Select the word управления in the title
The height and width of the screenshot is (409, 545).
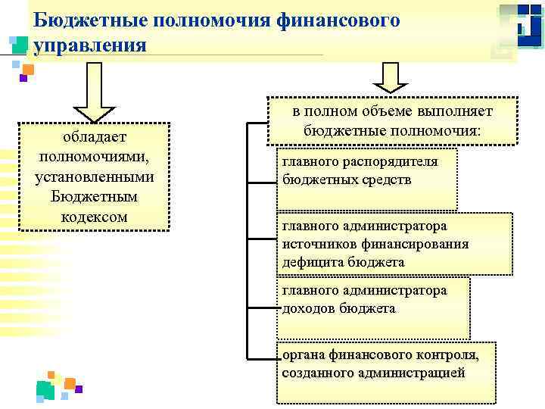(89, 45)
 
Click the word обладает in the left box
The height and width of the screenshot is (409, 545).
(94, 136)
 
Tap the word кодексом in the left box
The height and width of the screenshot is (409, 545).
(94, 217)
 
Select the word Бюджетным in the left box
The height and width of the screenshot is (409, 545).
(94, 196)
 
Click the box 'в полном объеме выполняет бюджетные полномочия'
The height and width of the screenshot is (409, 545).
(392, 121)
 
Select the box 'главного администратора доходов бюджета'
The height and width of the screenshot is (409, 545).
(372, 308)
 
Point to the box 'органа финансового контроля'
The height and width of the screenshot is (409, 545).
(387, 372)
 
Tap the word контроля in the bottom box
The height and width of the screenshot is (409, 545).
(447, 354)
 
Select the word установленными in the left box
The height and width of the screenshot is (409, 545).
(94, 176)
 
